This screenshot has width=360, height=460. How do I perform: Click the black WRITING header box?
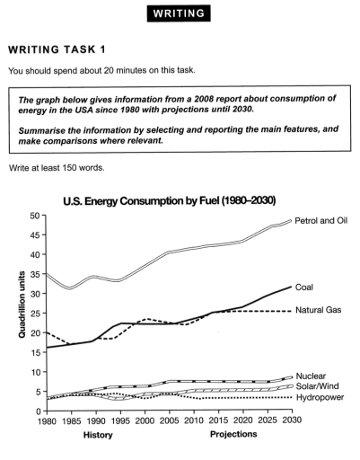tap(180, 14)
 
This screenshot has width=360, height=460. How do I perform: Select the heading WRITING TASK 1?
tap(62, 51)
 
